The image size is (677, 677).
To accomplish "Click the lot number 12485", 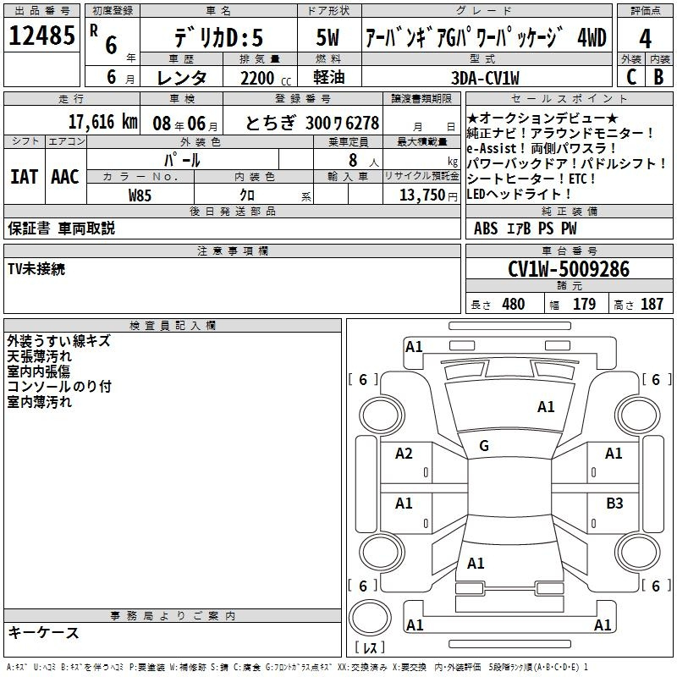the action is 41,36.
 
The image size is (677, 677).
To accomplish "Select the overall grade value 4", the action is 645,38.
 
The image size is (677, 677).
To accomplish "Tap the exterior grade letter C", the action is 630,77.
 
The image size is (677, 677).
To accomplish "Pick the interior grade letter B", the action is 658,77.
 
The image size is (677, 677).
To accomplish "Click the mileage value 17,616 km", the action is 102,122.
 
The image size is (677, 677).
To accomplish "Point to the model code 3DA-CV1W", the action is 485,78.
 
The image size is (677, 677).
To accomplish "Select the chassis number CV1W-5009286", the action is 569,269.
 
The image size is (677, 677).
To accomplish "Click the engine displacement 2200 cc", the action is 266,79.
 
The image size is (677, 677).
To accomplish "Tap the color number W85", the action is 140,195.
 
